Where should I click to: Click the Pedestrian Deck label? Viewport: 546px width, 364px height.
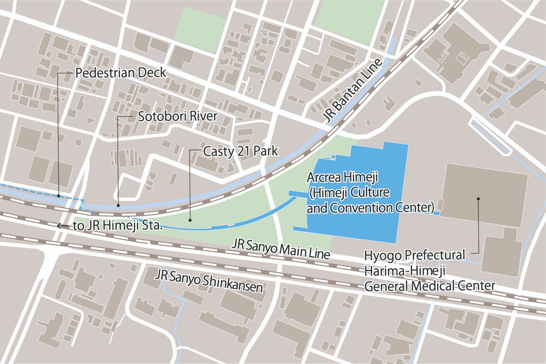(x=121, y=73)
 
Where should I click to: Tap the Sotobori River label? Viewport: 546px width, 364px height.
(x=177, y=116)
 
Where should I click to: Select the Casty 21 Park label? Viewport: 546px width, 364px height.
(x=241, y=152)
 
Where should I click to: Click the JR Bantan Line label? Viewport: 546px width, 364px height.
(x=354, y=91)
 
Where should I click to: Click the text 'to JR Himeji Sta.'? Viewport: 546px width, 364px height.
(x=118, y=226)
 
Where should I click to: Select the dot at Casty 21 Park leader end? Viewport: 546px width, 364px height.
(x=190, y=220)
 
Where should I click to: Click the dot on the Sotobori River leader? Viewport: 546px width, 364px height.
(x=118, y=206)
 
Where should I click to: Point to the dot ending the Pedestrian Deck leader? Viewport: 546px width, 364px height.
(x=58, y=195)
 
